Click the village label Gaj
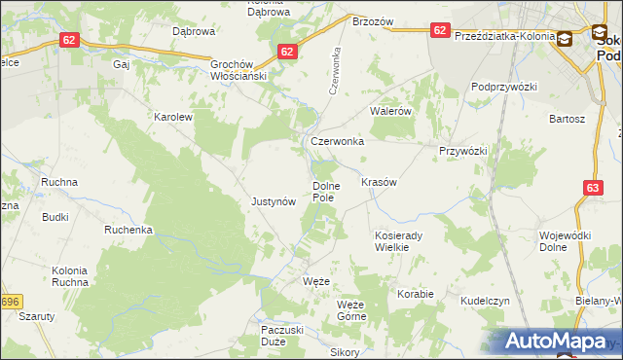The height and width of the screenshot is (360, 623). coord(122,64)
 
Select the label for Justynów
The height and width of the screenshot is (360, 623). coord(274,202)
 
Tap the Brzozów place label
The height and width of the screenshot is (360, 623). coord(372,21)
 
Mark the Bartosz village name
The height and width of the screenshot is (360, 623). coord(567,119)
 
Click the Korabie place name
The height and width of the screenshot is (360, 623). coord(415,293)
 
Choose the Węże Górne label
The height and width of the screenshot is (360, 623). coord(350,310)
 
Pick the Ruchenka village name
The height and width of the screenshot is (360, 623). coord(129,231)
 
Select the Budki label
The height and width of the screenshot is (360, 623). coord(55,217)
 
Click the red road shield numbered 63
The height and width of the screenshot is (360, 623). coord(594,190)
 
